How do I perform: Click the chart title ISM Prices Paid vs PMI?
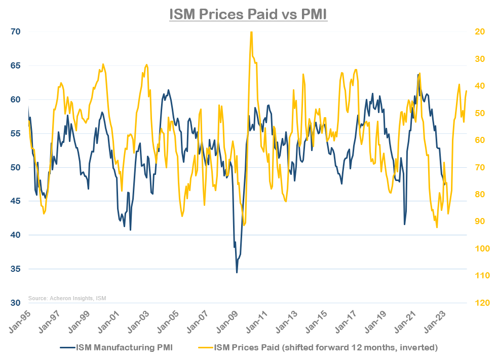click(x=248, y=14)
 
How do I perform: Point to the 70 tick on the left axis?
click(x=15, y=31)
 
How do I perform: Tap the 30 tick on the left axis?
click(x=15, y=303)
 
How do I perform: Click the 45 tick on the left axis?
click(x=15, y=201)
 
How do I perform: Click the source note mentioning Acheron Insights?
click(x=67, y=298)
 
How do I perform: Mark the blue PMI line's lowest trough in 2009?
click(x=237, y=273)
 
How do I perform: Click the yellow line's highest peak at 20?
click(x=251, y=32)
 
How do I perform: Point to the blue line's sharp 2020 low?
click(x=404, y=225)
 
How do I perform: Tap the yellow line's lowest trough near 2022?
click(x=437, y=227)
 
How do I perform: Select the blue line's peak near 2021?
click(x=418, y=75)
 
